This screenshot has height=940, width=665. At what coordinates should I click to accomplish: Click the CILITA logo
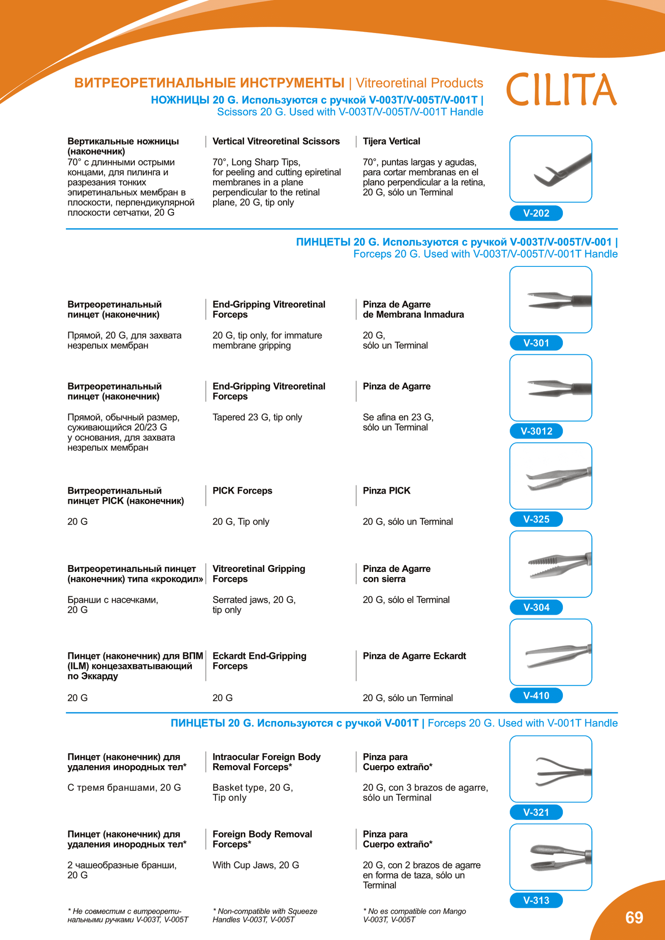pos(561,89)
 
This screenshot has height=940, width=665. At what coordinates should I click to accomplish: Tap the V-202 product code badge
pos(536,213)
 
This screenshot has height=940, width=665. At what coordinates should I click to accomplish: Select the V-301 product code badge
pos(536,343)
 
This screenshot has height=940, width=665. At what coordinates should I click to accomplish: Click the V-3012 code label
pos(536,431)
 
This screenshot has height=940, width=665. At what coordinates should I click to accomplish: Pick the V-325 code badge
pos(536,519)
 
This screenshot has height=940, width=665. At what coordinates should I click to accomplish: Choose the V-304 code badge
pos(536,607)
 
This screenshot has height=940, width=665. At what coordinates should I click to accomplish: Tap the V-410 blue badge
pos(536,696)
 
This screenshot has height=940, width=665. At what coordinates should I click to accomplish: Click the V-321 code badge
pos(536,813)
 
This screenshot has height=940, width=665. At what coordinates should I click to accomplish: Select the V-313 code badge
pos(536,900)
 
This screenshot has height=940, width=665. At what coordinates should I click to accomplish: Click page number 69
pos(634,918)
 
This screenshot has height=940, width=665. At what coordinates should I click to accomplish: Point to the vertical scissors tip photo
pos(550,169)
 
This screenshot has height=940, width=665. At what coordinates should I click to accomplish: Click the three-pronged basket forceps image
pos(550,769)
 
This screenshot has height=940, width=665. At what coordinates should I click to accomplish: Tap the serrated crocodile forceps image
pos(550,564)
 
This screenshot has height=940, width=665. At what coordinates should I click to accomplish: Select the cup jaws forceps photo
pos(550,857)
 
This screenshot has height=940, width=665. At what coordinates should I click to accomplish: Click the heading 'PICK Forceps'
pos(242,491)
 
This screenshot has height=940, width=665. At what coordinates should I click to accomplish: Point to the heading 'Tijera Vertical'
pos(391,141)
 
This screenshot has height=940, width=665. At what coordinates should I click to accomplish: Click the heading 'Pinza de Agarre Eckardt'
pos(414,656)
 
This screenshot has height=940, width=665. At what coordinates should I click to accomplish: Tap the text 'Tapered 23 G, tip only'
pos(257,417)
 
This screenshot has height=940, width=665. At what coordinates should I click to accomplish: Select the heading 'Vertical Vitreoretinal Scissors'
pos(276,141)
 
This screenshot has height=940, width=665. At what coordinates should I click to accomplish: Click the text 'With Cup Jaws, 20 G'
pos(255,865)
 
